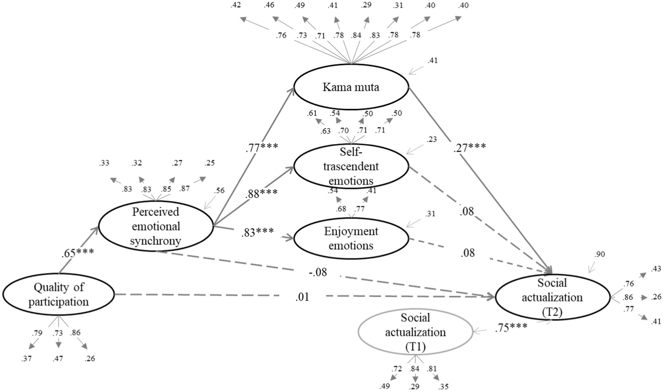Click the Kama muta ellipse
pos(351,87)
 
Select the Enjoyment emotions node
pos(351,238)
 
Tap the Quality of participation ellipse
pos(58,294)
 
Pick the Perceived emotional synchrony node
pos(156,226)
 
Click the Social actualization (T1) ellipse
pos(415,332)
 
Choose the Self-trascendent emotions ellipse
pos(351,167)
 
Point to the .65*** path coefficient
pos(78,253)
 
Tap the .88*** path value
pos(261,193)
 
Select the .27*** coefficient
pos(469,147)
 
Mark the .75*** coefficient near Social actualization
pos(511,327)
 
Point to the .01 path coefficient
pos(302,297)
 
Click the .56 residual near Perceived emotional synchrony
pos(219,190)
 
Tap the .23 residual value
pos(431,139)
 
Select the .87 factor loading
pos(184,189)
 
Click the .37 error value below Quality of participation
pos(26,359)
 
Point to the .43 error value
pos(656,269)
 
